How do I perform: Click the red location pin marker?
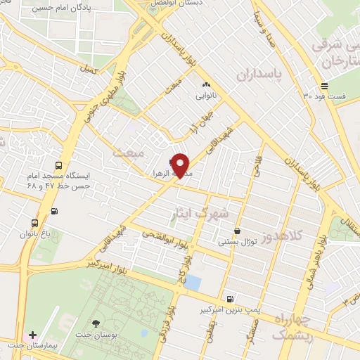[181, 165]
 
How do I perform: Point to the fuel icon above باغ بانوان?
[54, 211]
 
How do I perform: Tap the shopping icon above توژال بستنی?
[237, 231]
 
